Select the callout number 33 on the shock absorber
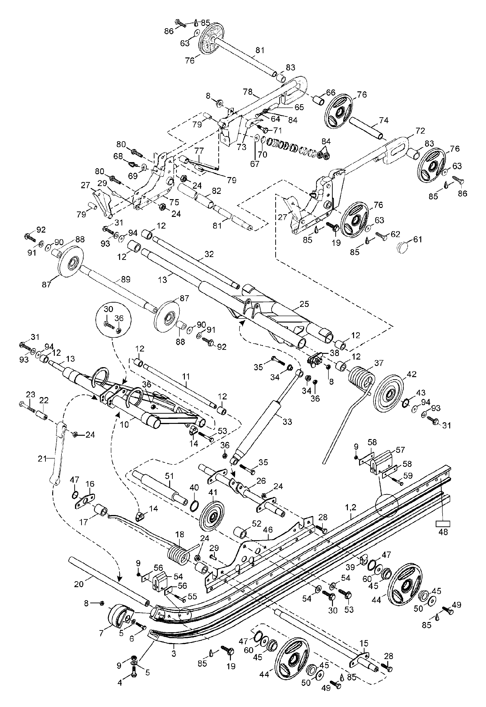pyautogui.click(x=287, y=422)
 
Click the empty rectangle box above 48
pyautogui.click(x=443, y=523)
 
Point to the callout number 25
pyautogui.click(x=304, y=304)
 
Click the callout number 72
pyautogui.click(x=420, y=131)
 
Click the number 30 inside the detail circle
pyautogui.click(x=108, y=309)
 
